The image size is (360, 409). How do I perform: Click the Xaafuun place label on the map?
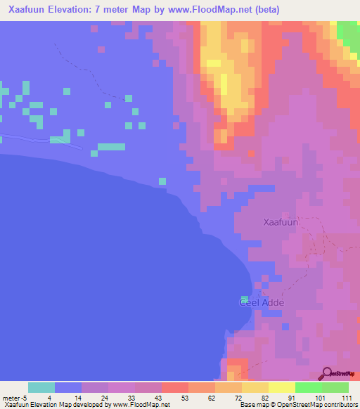(281, 222)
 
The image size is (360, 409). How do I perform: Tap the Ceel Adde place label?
(261, 302)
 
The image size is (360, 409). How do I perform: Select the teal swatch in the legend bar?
(41, 387)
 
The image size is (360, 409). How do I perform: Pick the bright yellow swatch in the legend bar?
(282, 387)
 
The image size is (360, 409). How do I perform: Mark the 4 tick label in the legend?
(49, 397)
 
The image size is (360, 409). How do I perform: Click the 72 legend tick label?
(238, 397)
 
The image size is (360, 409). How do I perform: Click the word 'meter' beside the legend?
(12, 397)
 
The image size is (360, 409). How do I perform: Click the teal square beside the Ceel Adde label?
(245, 299)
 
